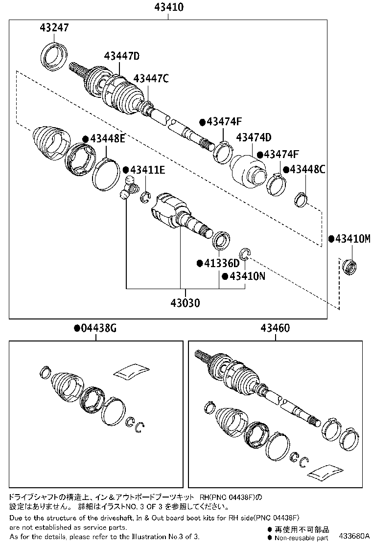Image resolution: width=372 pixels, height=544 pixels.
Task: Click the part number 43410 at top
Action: click(168, 7)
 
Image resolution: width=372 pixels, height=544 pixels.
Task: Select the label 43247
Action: click(54, 28)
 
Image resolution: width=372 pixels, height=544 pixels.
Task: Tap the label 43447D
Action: click(122, 56)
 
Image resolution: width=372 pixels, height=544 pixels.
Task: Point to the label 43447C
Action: click(151, 78)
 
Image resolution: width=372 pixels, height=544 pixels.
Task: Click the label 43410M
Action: click(353, 239)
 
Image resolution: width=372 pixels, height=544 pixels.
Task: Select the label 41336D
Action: click(221, 264)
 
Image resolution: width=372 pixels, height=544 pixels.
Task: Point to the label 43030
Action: click(185, 303)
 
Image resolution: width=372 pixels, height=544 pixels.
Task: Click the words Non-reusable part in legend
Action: click(301, 538)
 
